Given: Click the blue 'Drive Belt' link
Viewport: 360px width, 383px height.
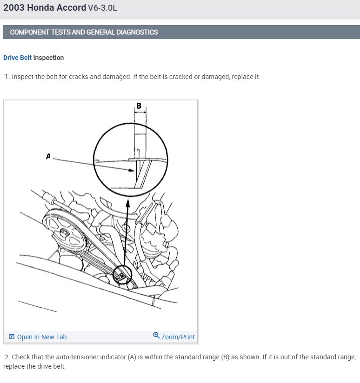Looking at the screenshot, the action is point(17,58).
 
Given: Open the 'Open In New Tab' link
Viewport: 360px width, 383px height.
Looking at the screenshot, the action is point(42,337).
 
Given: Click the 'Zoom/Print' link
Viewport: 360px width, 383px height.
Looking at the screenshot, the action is point(178,337).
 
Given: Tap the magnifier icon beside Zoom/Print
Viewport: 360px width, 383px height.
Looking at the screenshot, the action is point(156,336).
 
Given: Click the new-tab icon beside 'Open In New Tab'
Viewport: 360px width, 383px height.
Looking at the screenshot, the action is point(12,337).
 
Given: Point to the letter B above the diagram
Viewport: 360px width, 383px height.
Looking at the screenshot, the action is point(139,106).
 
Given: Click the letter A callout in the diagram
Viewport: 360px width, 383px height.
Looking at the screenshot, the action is point(48,156).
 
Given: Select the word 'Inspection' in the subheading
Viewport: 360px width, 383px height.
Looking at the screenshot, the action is point(48,58).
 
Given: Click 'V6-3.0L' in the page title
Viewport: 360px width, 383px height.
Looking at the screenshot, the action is point(102,8).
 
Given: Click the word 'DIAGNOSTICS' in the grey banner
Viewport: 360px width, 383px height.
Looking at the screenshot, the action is point(137,32).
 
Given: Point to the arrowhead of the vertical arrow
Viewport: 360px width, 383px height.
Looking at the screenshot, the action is point(128,203).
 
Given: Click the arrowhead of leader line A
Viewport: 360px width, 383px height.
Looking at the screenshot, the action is point(132,170).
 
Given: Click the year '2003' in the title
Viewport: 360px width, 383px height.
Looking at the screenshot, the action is point(14,7).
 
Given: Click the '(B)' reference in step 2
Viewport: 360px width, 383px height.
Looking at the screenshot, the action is point(225,357).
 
